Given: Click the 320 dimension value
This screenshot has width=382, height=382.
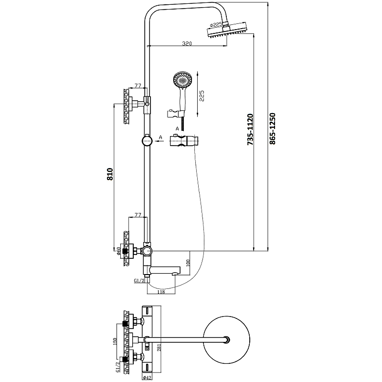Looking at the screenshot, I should [187, 43].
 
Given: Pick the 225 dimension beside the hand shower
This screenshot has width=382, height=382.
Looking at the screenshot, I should [202, 97].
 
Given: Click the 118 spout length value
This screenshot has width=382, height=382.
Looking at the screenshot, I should [161, 292].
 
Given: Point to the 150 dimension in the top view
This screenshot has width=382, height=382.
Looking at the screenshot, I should [114, 342].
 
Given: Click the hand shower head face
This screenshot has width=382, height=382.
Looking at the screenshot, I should [183, 79].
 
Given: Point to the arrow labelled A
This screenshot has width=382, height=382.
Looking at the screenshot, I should [159, 141].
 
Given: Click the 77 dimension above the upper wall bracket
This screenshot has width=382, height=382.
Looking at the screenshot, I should [138, 85].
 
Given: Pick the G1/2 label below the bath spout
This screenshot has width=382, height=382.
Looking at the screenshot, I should [139, 281].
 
